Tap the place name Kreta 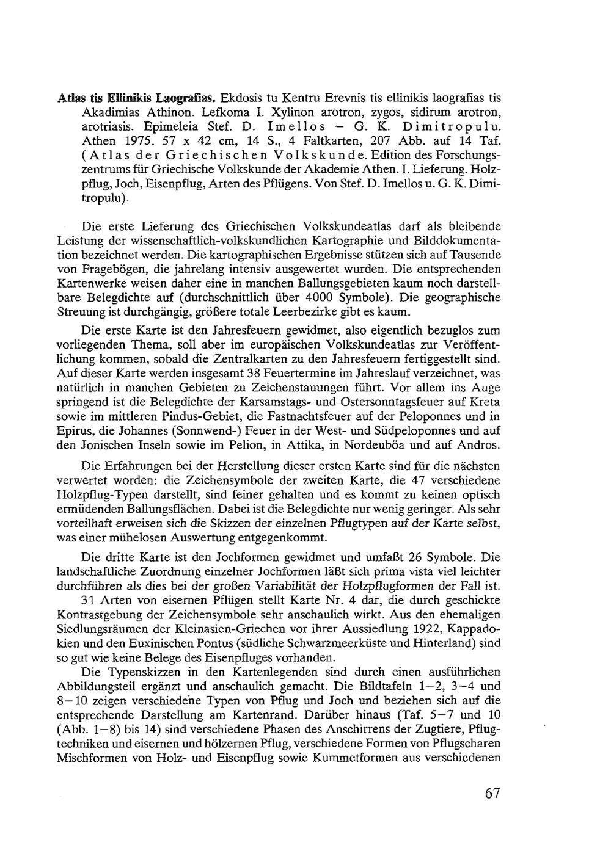coord(486,401)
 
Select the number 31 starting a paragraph coord(89,600)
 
